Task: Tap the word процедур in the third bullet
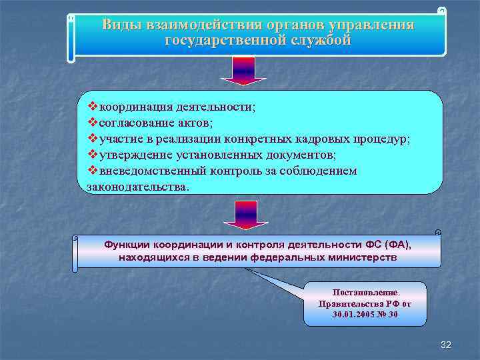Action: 384,139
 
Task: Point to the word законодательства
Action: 137,187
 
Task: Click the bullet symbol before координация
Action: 93,107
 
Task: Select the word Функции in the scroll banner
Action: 127,245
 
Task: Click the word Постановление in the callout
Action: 365,292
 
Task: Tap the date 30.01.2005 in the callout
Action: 356,313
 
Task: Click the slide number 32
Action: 446,345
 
